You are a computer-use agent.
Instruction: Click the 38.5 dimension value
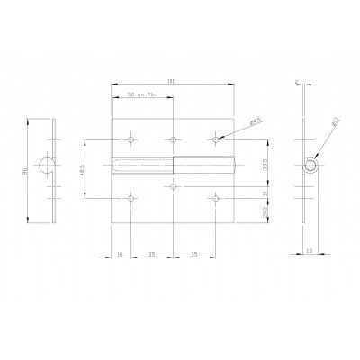pos(262,167)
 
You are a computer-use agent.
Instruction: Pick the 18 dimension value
pos(262,193)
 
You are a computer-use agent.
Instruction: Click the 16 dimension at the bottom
pos(120,256)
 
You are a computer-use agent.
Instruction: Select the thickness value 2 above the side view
pos(297,82)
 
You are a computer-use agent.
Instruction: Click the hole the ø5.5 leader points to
pos(216,139)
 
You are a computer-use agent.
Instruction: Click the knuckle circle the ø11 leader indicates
pos(310,167)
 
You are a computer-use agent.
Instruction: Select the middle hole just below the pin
pos(172,186)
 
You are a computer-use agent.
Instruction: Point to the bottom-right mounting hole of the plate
pos(216,197)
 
